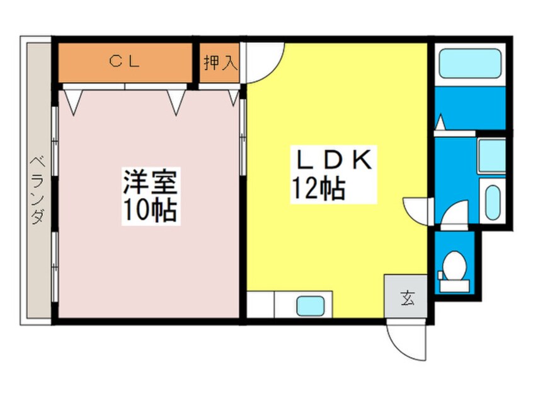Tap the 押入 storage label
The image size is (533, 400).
click(x=220, y=62)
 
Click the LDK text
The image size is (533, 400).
click(x=333, y=160)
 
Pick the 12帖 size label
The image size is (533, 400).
click(x=318, y=187)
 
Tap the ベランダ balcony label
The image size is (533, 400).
click(x=37, y=189)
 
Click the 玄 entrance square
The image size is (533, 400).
click(x=408, y=299)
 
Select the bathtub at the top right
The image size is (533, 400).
click(x=469, y=63)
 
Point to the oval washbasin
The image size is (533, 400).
click(x=492, y=201)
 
